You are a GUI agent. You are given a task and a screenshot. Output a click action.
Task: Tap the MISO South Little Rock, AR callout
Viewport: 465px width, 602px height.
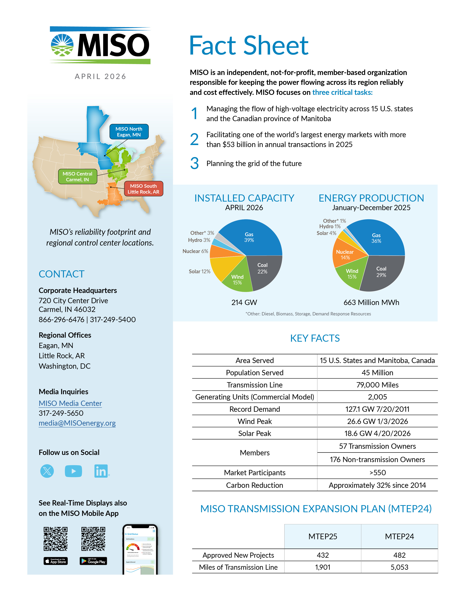143,189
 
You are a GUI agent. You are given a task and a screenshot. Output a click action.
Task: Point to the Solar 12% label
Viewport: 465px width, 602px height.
199,271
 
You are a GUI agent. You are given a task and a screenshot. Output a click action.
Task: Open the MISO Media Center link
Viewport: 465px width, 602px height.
70,403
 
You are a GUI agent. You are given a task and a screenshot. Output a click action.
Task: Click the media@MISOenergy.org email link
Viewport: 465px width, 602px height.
77,423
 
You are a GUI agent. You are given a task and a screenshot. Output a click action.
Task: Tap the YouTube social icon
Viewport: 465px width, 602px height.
73,471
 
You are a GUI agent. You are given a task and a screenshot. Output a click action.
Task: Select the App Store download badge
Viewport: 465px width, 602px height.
56,561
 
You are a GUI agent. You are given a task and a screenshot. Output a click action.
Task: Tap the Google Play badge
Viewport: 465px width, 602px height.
93,561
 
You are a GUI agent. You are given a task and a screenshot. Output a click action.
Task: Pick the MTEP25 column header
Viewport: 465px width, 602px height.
323,536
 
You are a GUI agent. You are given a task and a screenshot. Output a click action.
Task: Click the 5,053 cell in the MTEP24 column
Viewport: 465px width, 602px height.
399,567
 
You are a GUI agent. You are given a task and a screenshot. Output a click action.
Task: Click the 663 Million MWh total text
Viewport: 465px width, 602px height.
371,302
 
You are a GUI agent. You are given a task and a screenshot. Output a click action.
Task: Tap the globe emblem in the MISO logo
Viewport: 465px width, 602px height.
62,45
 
